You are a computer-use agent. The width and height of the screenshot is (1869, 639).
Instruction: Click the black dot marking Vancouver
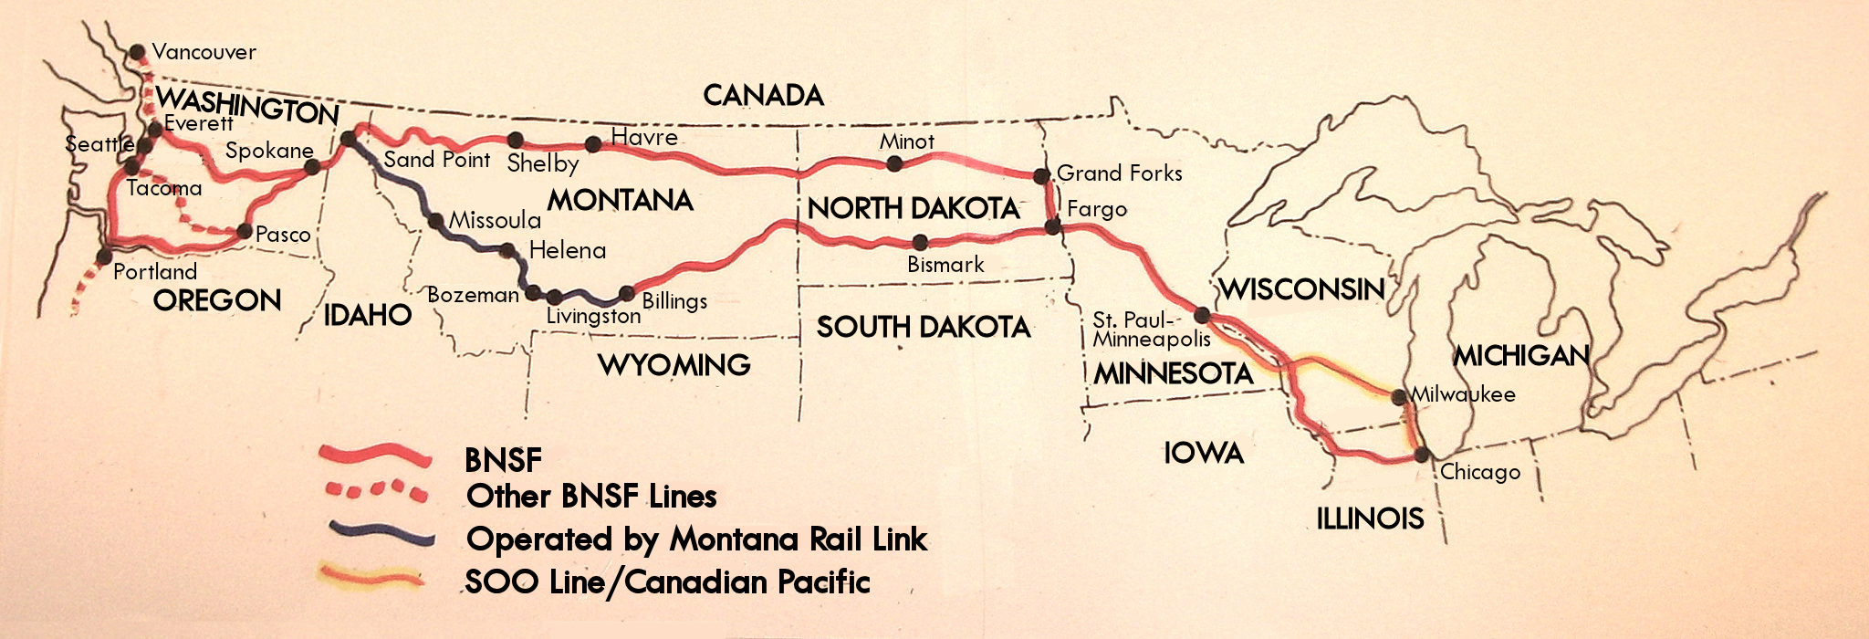coord(137,51)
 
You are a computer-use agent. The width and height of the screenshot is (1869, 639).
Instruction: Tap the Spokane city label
coord(269,151)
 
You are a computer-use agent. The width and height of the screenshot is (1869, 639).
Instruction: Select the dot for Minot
coord(894,163)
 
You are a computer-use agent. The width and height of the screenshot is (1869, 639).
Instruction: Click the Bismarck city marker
coord(920,242)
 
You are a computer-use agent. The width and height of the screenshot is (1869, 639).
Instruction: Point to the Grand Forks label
coord(1119,173)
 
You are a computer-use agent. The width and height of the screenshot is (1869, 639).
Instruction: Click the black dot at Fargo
coord(1052,226)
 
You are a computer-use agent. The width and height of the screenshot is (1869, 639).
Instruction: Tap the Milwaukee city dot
coord(1397,396)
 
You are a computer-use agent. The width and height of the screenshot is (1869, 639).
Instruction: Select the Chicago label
coord(1480,472)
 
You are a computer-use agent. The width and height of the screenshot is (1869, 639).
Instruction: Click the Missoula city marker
coord(435,220)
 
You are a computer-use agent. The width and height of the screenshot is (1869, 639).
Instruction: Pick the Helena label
coord(567,250)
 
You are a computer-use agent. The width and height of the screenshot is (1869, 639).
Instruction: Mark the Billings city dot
coord(627,293)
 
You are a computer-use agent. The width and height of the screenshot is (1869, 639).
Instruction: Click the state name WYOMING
coord(673,365)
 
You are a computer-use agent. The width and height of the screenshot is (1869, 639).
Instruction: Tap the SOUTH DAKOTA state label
coord(923,327)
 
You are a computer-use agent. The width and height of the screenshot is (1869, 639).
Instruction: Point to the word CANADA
coord(763,95)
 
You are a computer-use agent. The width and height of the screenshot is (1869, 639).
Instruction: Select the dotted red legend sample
coord(375,491)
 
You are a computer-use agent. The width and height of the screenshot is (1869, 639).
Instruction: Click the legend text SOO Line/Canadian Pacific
coord(667,581)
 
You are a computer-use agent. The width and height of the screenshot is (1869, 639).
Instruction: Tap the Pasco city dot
coord(245,231)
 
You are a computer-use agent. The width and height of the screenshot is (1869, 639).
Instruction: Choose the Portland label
coord(155,271)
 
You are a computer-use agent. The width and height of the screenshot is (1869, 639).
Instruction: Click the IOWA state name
coord(1203,453)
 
